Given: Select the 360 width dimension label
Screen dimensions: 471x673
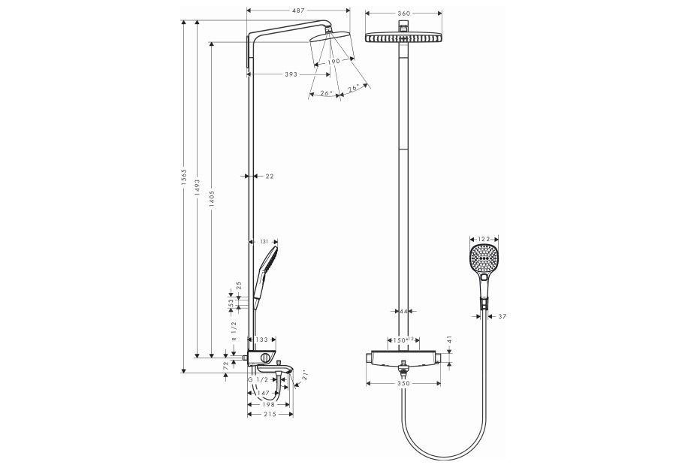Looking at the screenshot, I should [x=404, y=14].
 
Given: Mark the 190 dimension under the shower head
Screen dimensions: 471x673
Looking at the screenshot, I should [x=333, y=61].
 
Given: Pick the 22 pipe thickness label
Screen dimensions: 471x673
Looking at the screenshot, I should [x=270, y=176].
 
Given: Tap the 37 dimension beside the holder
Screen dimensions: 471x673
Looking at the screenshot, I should [x=502, y=316].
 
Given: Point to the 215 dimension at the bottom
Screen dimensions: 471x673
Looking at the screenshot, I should [x=270, y=415].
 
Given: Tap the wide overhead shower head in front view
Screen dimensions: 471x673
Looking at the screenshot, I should [x=404, y=37].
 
